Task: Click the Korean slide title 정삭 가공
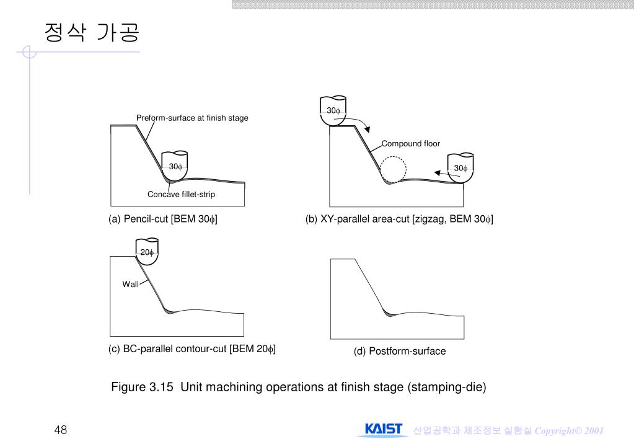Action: click(x=92, y=32)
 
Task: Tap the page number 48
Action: click(x=61, y=430)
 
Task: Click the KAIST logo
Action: click(x=383, y=429)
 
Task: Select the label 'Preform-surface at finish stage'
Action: click(x=192, y=118)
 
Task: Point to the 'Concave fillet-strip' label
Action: click(x=181, y=194)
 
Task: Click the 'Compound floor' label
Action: click(x=410, y=144)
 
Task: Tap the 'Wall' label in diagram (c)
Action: click(x=130, y=285)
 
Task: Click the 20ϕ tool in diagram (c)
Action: click(x=147, y=252)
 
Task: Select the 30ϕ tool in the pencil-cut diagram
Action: click(x=175, y=166)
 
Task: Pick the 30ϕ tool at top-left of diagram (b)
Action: click(x=333, y=111)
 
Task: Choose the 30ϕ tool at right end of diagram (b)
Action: click(x=460, y=168)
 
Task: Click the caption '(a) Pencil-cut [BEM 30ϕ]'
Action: click(x=163, y=219)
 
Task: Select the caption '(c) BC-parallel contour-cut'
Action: click(x=167, y=348)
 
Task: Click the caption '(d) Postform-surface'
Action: click(x=400, y=351)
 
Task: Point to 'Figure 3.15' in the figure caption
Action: click(x=142, y=387)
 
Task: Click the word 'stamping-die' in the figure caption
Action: click(x=447, y=387)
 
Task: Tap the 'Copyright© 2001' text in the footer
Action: click(x=569, y=430)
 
